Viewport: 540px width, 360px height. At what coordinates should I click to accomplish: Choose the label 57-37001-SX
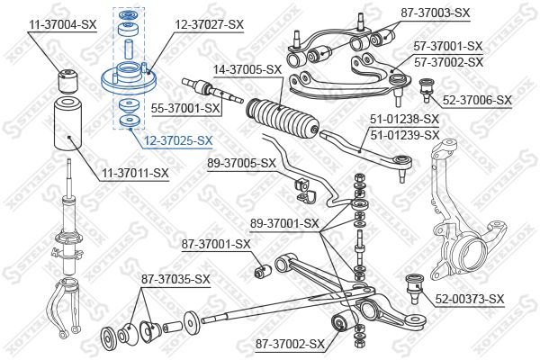click(x=448, y=45)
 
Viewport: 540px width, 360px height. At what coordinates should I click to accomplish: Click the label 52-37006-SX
click(x=477, y=100)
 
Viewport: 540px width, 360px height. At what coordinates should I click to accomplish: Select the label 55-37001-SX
click(x=186, y=108)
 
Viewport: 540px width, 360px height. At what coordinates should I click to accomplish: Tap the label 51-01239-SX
click(x=405, y=135)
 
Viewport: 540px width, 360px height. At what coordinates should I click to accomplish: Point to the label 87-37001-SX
click(x=216, y=243)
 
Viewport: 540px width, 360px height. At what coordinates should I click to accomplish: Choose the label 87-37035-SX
click(x=175, y=279)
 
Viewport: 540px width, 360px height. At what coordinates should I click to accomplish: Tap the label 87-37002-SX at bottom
click(x=289, y=344)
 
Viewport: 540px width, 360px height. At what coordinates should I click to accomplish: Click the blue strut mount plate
click(x=129, y=80)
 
